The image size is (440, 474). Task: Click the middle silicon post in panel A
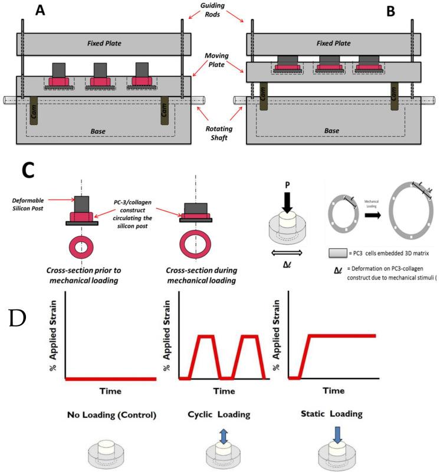pos(98,74)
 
